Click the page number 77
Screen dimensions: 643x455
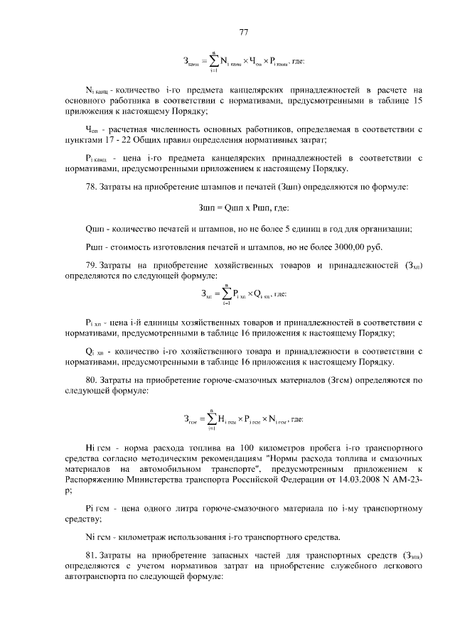tap(243, 32)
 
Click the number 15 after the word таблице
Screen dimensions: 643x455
tap(418, 101)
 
